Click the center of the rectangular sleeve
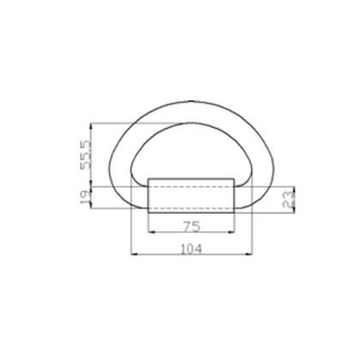point(192,195)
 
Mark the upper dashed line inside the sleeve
point(192,187)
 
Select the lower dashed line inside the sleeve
point(192,205)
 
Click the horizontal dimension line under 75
point(192,232)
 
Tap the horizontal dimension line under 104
point(192,255)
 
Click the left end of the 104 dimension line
point(131,255)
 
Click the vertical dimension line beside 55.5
point(93,154)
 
